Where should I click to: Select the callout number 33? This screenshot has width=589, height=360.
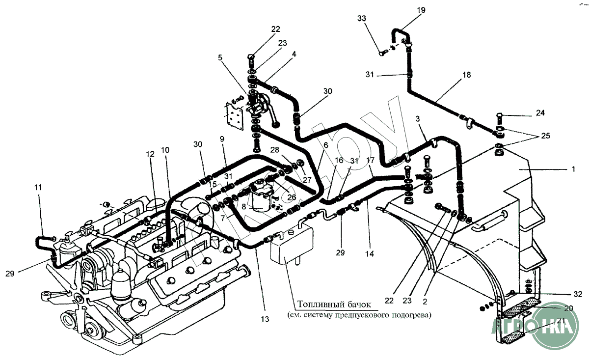[362, 19]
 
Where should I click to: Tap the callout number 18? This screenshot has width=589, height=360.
[466, 75]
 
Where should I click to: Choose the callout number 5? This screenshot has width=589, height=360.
[220, 57]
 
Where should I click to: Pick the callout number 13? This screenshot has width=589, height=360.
[265, 319]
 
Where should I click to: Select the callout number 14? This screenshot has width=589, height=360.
[369, 254]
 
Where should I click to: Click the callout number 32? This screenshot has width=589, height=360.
[578, 294]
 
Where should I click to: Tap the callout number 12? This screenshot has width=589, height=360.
[149, 154]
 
